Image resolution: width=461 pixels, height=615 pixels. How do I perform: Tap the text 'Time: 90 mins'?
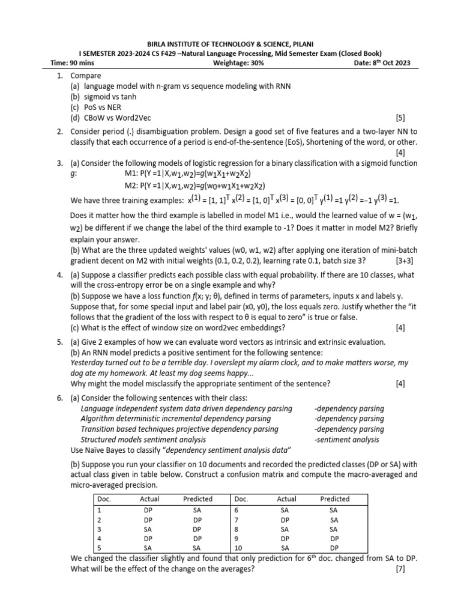[71, 63]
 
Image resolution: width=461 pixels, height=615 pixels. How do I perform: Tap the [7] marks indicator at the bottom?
[400, 569]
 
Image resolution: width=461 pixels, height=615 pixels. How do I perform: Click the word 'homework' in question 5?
[140, 374]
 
